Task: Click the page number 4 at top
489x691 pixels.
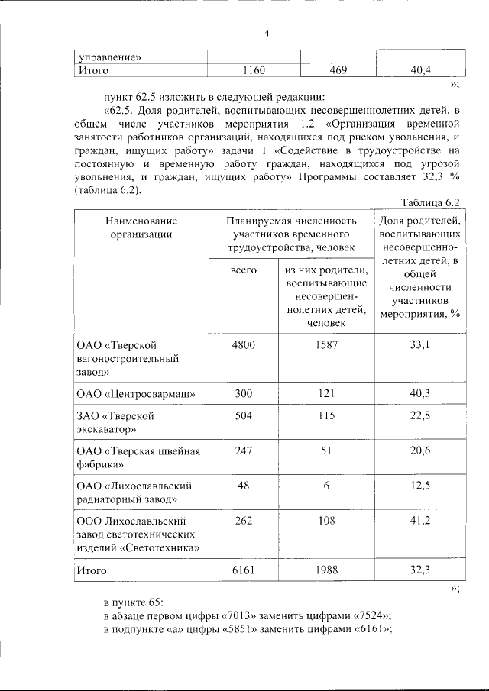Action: coord(266,33)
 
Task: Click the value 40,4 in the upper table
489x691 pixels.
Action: coord(420,71)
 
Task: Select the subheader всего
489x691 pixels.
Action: coord(243,271)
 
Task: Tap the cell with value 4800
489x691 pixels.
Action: coord(243,344)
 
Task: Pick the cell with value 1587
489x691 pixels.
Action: coord(326,344)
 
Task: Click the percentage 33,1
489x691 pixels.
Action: coord(419,344)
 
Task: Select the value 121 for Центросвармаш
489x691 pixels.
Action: coord(326,393)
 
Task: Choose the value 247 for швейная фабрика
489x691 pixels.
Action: coord(243,450)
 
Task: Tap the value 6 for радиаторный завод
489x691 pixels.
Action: coord(326,486)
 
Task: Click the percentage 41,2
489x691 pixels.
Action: coord(419,521)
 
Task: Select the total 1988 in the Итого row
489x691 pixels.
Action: coord(326,570)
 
